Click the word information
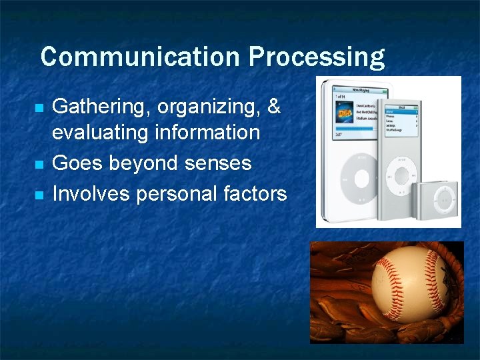click(207, 132)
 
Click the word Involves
click(92, 193)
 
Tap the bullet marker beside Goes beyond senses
click(39, 164)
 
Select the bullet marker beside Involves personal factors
click(39, 195)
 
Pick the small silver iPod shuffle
click(437, 198)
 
